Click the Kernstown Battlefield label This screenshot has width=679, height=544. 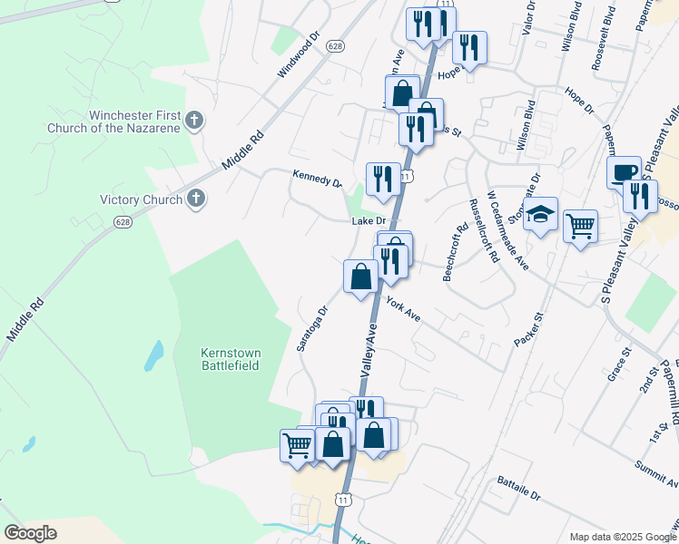pos(230,357)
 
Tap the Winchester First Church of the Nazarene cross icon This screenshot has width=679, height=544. pos(195,120)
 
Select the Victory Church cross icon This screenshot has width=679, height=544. pos(195,199)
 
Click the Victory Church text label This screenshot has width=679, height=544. pos(140,199)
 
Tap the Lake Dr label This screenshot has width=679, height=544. pos(369,220)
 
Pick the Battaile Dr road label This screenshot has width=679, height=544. pos(517,491)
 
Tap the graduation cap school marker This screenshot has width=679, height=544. pos(540,215)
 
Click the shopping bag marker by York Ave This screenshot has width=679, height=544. pos(361,276)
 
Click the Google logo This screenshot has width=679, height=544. pos(31,533)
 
